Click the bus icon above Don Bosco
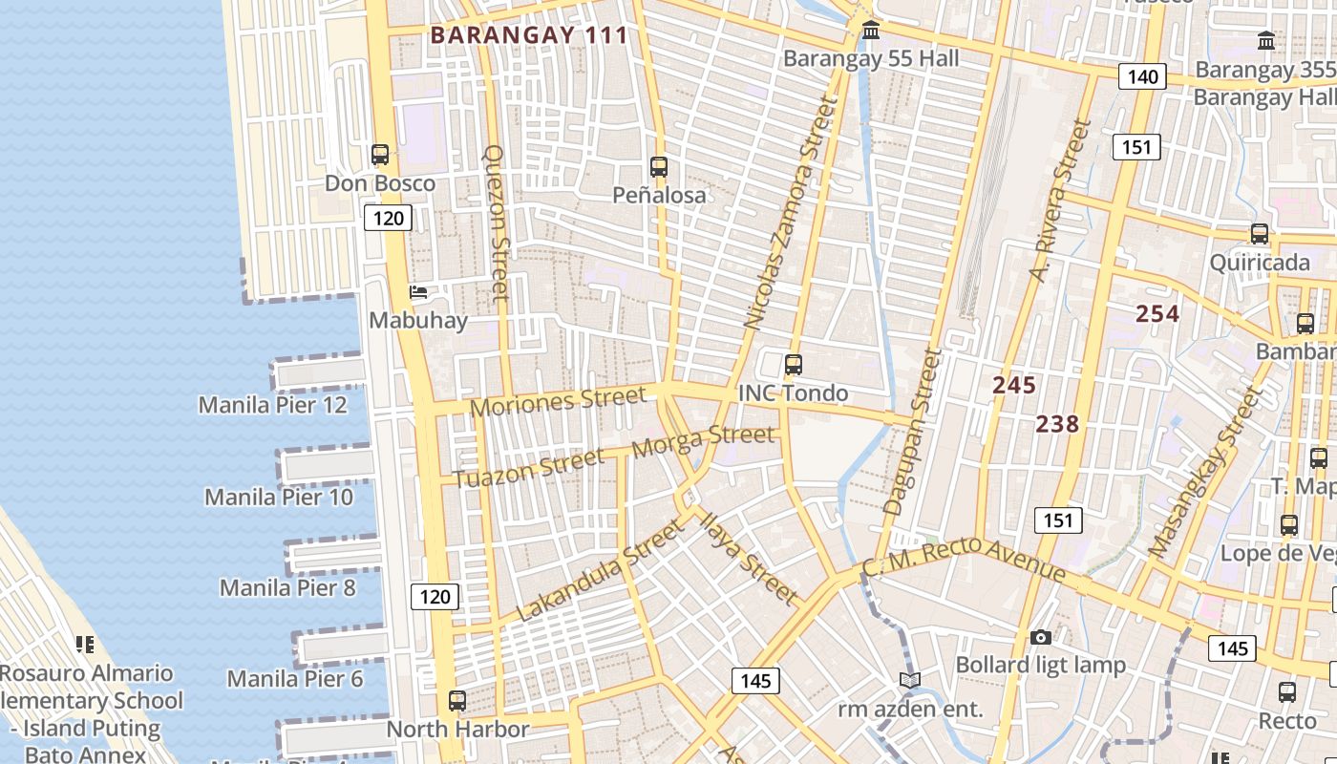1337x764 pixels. tap(380, 154)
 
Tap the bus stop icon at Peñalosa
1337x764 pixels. tap(659, 167)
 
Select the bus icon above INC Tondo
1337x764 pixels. tap(793, 364)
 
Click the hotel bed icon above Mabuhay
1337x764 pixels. tap(417, 292)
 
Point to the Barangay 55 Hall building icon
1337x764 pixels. tap(871, 31)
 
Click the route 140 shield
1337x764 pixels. tap(1142, 76)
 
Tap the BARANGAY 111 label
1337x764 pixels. tap(529, 35)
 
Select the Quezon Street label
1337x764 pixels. tap(498, 223)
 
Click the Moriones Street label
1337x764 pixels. tap(558, 401)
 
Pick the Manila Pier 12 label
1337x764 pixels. tap(272, 405)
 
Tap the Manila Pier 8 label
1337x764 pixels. tap(287, 587)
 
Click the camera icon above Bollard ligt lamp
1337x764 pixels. tap(1041, 637)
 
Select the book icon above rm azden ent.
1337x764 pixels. tap(910, 680)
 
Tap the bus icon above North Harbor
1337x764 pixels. tap(457, 700)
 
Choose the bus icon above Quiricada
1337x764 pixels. tap(1260, 234)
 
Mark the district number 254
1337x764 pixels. tap(1157, 313)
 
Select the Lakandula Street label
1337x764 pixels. tap(600, 570)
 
